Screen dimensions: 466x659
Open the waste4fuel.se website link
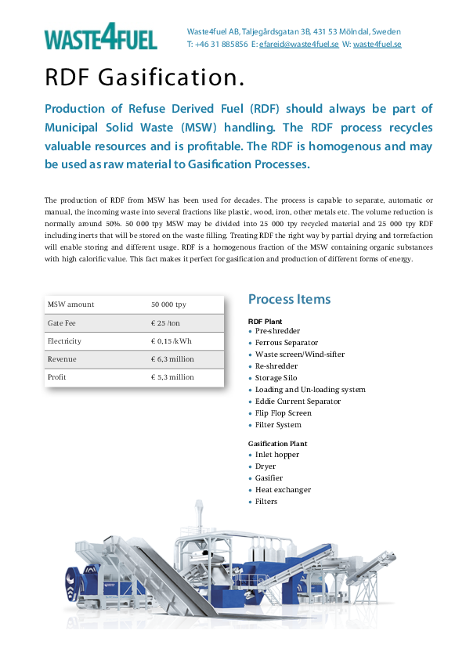[377, 45]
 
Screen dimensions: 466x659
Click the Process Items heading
[289, 299]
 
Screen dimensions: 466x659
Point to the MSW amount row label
[70, 304]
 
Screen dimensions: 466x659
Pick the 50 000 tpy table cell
[168, 304]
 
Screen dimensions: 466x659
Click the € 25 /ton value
[165, 322]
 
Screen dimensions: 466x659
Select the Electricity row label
[64, 341]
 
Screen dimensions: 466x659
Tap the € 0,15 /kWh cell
[172, 341]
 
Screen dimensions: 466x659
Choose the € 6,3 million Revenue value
[172, 359]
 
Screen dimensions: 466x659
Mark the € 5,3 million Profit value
[172, 377]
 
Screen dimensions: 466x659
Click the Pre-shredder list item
[277, 331]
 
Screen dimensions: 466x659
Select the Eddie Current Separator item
[298, 402]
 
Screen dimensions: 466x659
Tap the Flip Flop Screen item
[283, 413]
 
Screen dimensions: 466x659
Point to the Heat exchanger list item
[283, 490]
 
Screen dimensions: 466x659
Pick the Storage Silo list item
[276, 378]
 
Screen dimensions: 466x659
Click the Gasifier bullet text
[269, 478]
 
